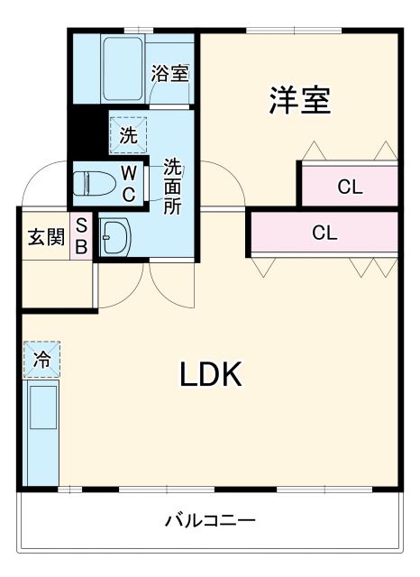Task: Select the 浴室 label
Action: (x=169, y=73)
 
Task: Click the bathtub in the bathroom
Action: (x=123, y=69)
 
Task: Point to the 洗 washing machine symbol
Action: (x=127, y=135)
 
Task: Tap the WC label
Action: (x=129, y=183)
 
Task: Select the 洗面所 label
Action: (x=171, y=186)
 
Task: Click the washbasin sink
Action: (x=114, y=238)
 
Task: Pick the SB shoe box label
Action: (x=80, y=237)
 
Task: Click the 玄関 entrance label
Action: (x=45, y=238)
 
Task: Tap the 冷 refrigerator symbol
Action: (x=42, y=359)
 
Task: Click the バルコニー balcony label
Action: (x=210, y=520)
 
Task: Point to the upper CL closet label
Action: (x=350, y=188)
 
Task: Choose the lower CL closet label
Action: (x=324, y=233)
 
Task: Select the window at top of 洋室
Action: (x=297, y=32)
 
